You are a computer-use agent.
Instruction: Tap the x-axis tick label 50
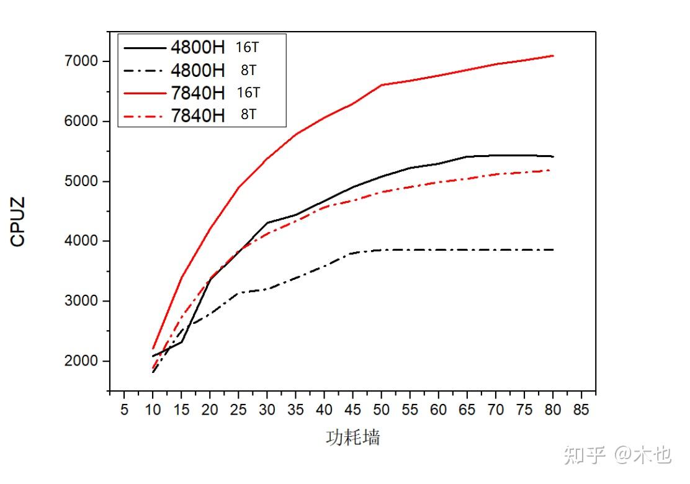[382, 410]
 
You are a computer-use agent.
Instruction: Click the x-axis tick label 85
[581, 410]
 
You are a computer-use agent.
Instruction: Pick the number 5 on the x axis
[124, 410]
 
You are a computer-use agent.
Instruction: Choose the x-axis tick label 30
[267, 410]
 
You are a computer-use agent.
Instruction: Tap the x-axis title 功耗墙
[352, 437]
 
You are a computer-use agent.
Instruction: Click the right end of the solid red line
[553, 56]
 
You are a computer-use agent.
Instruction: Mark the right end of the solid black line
[553, 156]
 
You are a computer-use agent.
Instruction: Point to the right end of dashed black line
[553, 249]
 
